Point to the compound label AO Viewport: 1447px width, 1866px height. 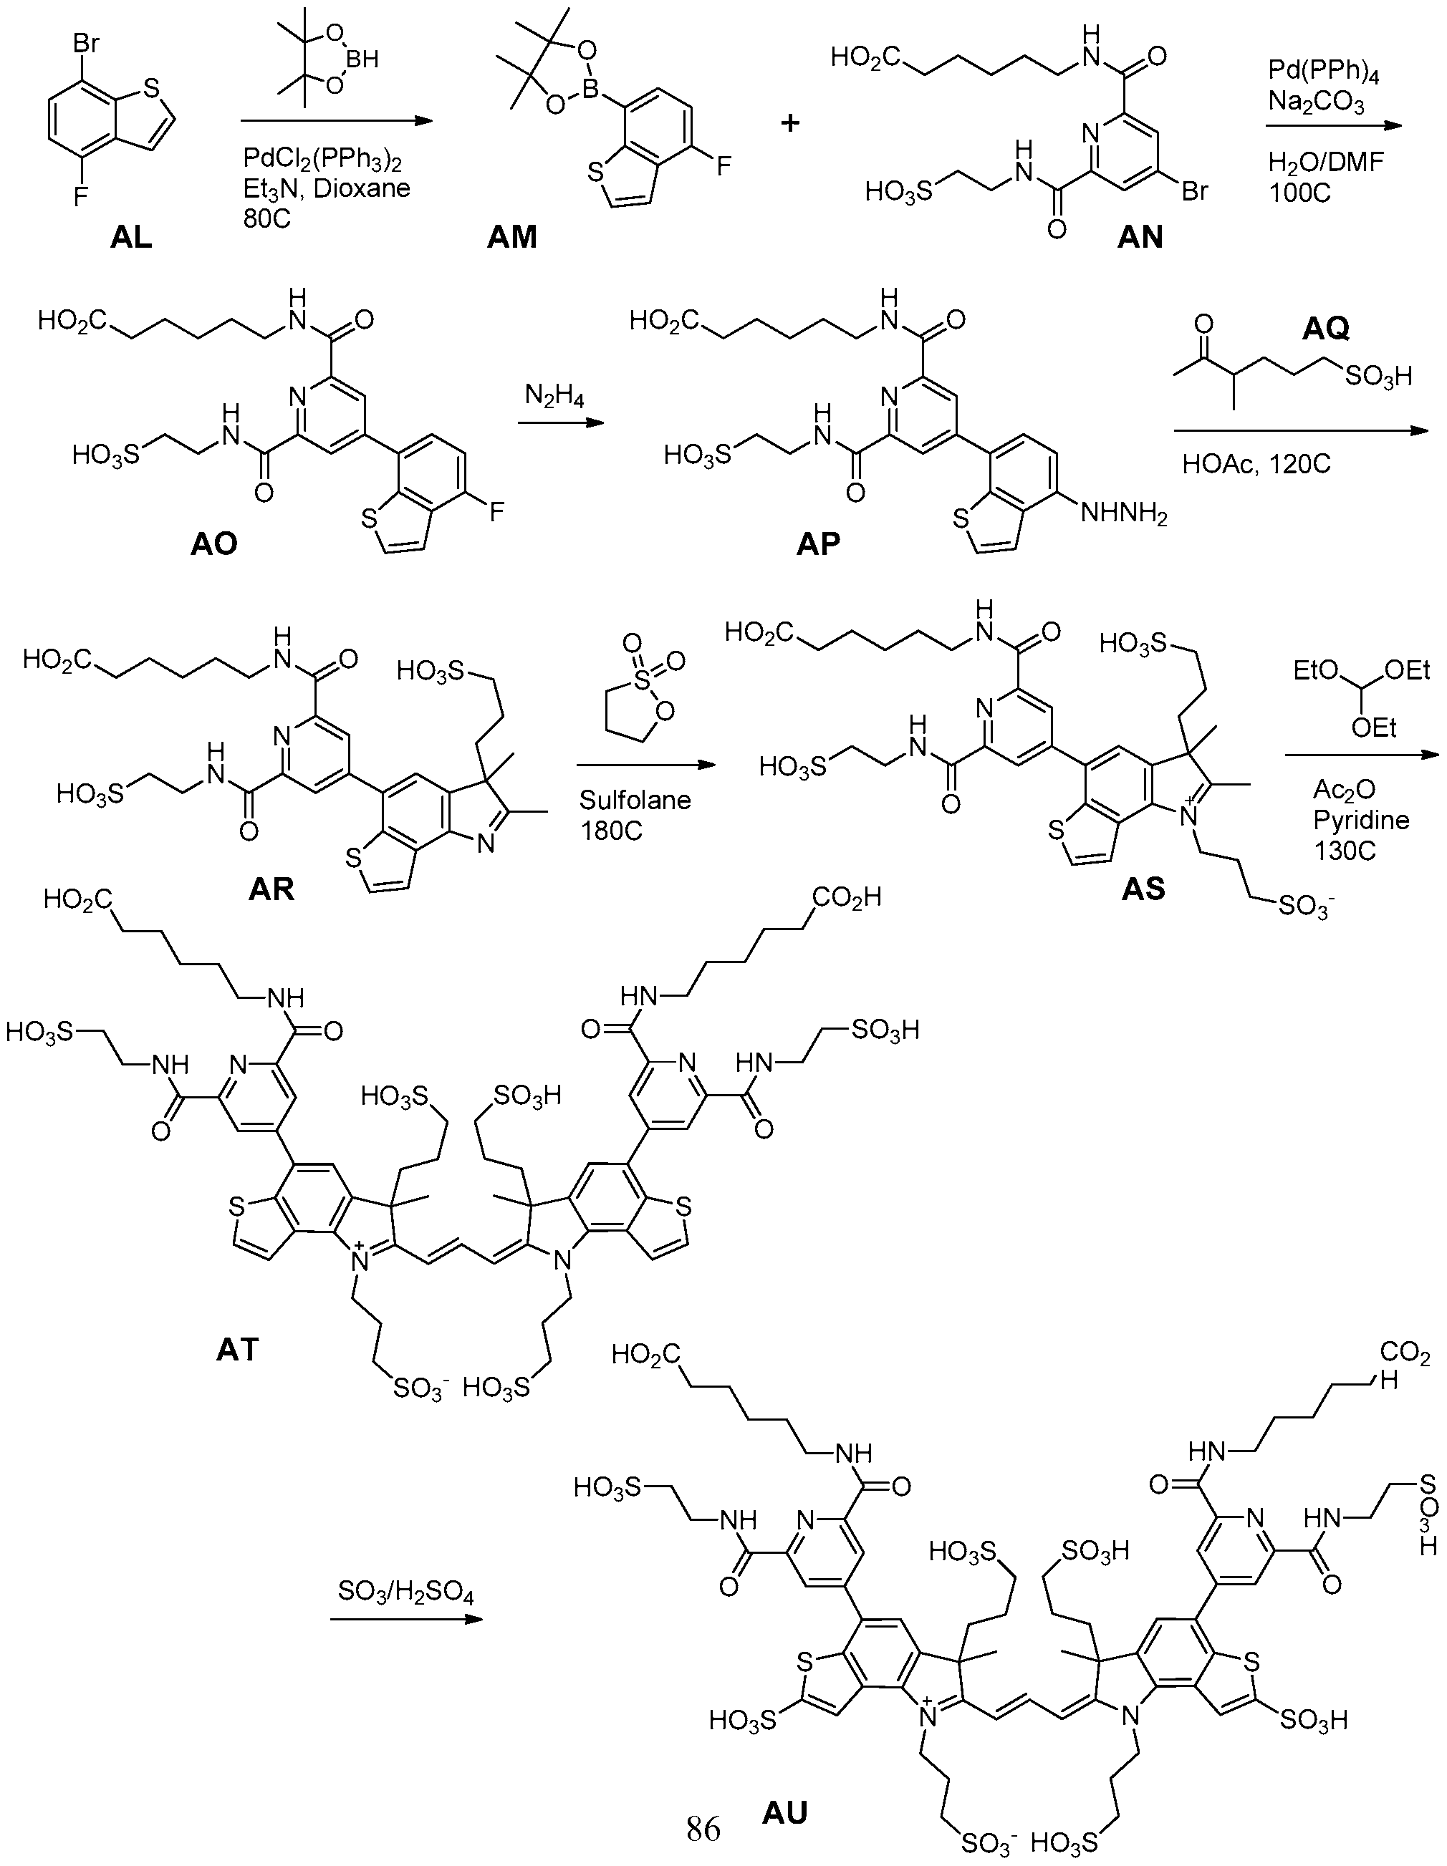pyautogui.click(x=213, y=544)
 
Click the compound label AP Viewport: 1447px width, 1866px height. pyautogui.click(x=818, y=544)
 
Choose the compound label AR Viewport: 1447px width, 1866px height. pyautogui.click(x=271, y=889)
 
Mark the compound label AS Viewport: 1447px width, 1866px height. pyautogui.click(x=1143, y=889)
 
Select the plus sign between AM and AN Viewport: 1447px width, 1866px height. pyautogui.click(x=791, y=123)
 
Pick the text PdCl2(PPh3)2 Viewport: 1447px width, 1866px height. pyautogui.click(x=322, y=160)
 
